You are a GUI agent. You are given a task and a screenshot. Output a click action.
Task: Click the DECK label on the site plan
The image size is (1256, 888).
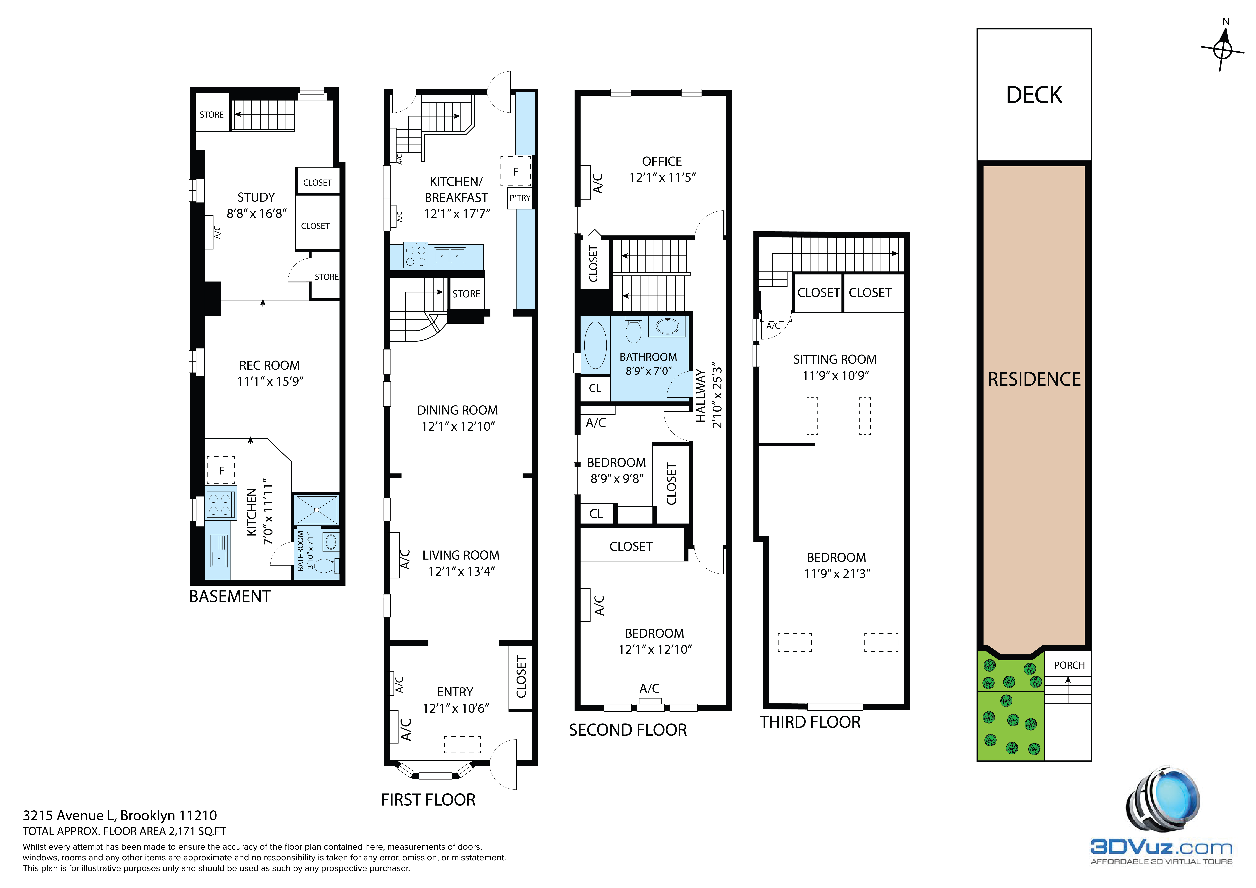[x=1034, y=95]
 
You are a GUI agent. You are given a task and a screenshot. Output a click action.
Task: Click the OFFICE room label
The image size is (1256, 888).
[x=662, y=161]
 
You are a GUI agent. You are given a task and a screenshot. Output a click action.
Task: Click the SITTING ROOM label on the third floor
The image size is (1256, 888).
[x=835, y=359]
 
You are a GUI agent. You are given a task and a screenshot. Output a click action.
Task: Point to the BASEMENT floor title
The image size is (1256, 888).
[x=230, y=596]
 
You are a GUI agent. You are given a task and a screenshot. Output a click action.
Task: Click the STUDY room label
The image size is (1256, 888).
[x=256, y=197]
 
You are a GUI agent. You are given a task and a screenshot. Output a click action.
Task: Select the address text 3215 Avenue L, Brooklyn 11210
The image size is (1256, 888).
[x=120, y=816]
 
